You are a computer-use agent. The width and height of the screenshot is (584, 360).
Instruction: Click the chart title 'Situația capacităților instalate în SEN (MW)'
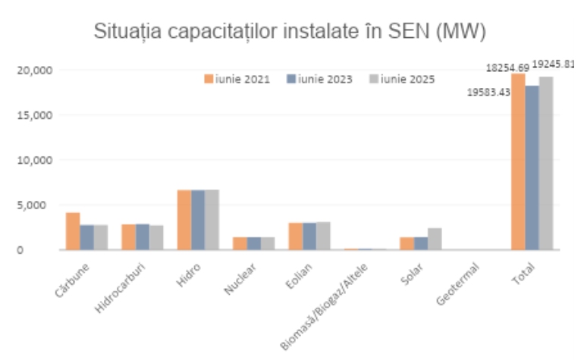pos(289,32)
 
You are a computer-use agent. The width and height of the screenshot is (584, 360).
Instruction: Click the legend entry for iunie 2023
pos(319,79)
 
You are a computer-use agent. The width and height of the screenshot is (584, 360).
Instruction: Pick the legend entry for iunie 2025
pos(401,79)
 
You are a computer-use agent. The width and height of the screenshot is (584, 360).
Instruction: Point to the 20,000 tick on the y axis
pos(34,70)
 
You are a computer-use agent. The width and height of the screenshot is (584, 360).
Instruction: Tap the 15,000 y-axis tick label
pos(34,115)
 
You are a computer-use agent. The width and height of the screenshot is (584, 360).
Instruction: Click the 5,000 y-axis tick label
pos(36,205)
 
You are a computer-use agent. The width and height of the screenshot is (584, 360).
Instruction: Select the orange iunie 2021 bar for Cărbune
pos(73,231)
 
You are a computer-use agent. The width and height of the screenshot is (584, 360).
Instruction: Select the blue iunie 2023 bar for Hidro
pos(198,220)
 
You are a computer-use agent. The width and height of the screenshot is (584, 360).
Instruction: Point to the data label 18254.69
pos(507,68)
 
